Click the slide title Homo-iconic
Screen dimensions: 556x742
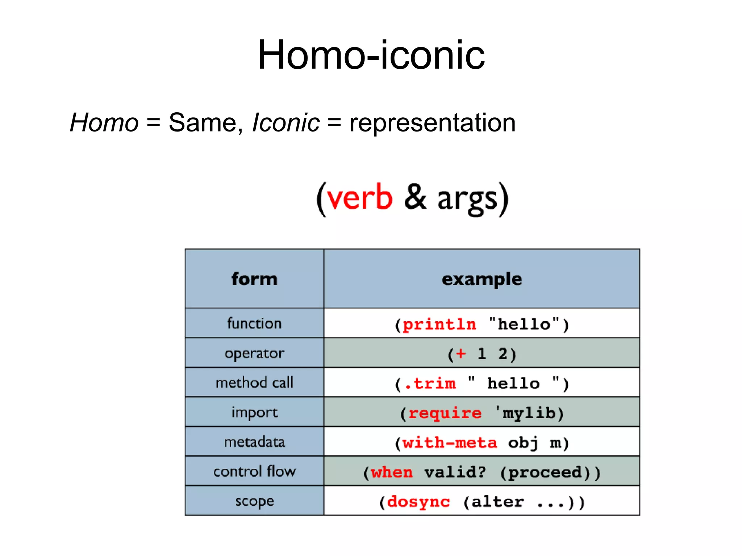pyautogui.click(x=371, y=55)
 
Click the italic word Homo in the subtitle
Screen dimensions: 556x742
pyautogui.click(x=104, y=123)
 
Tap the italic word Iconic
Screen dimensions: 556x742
pyautogui.click(x=285, y=123)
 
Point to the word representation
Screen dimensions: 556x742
pyautogui.click(x=432, y=123)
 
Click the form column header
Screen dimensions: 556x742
pyautogui.click(x=254, y=279)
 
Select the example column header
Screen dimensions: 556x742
pyautogui.click(x=482, y=279)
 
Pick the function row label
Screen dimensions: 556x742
pyautogui.click(x=254, y=323)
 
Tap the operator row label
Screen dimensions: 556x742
pyautogui.click(x=254, y=353)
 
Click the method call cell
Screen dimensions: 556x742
pyautogui.click(x=254, y=382)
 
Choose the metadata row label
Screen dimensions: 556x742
pyautogui.click(x=254, y=442)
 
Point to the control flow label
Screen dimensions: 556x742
pyautogui.click(x=254, y=471)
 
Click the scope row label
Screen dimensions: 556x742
pyautogui.click(x=254, y=501)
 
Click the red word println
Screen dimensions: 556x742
pyautogui.click(x=439, y=325)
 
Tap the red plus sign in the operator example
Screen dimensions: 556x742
pyautogui.click(x=460, y=354)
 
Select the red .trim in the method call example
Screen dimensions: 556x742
pyautogui.click(x=430, y=384)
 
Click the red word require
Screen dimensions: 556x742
pyautogui.click(x=445, y=413)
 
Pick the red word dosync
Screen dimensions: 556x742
pyautogui.click(x=418, y=502)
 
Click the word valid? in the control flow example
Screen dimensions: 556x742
pyautogui.click(x=455, y=472)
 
